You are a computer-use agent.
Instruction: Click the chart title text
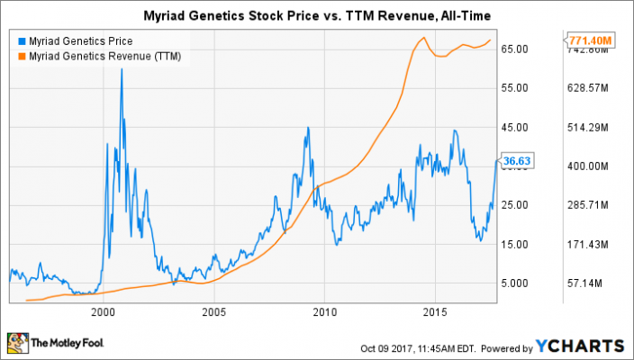(317, 16)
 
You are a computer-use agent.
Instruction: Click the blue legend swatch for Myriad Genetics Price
(21, 40)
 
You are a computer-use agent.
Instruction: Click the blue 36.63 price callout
(512, 160)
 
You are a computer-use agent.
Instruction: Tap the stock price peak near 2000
(122, 69)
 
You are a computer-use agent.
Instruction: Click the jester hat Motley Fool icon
(16, 343)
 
